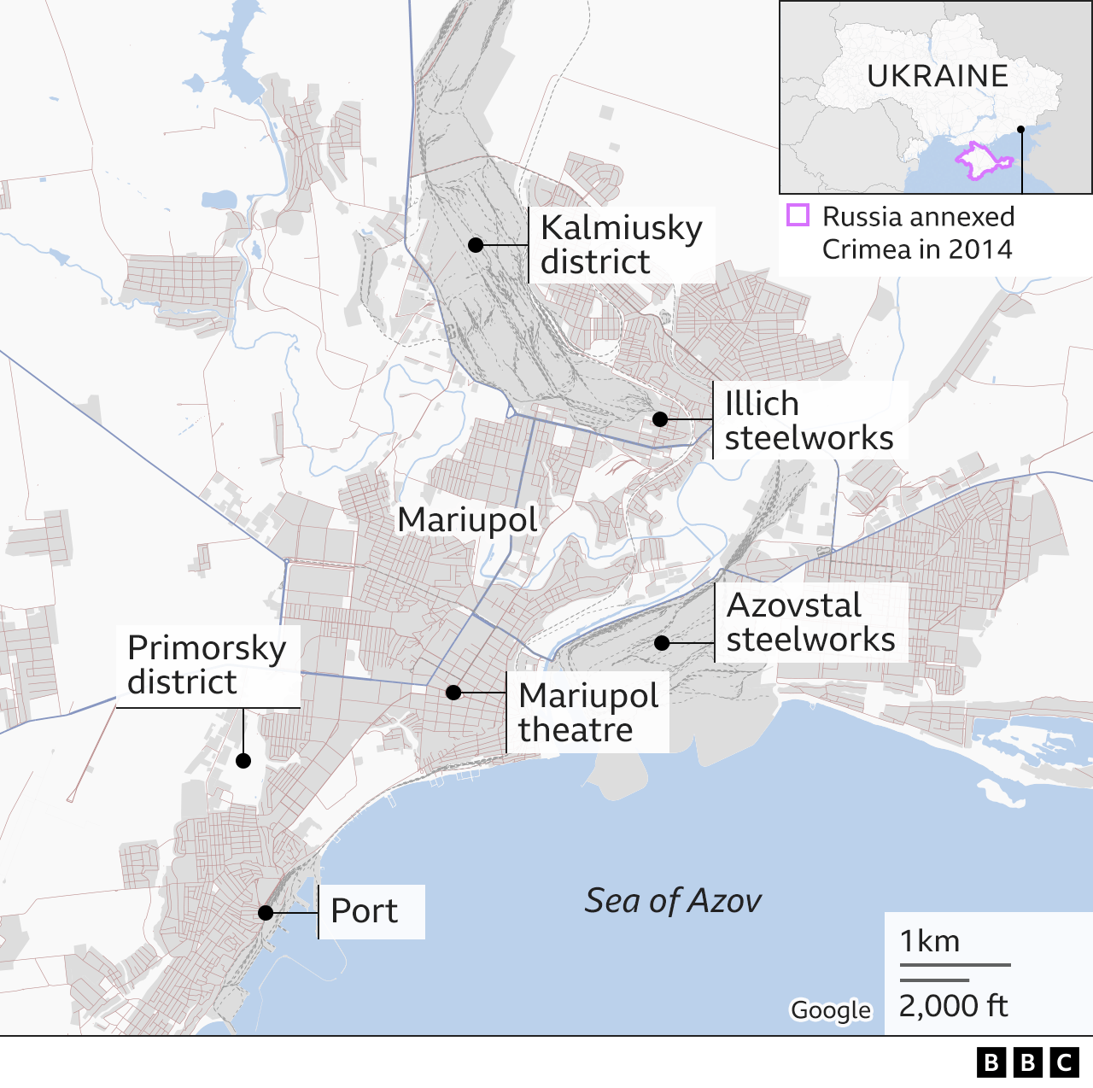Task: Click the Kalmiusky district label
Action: pyautogui.click(x=621, y=245)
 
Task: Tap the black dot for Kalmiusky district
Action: pyautogui.click(x=476, y=245)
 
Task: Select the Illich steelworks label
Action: pyautogui.click(x=808, y=420)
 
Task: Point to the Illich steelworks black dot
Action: pyautogui.click(x=660, y=419)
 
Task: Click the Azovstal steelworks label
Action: pyautogui.click(x=810, y=623)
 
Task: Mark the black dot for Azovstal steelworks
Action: pyautogui.click(x=662, y=643)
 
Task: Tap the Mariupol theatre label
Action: pyautogui.click(x=587, y=712)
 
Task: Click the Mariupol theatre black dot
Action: pyautogui.click(x=454, y=693)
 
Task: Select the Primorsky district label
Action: pyautogui.click(x=206, y=664)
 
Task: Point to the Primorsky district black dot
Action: pyautogui.click(x=243, y=761)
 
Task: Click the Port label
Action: pyautogui.click(x=364, y=911)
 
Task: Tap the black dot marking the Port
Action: pyautogui.click(x=266, y=913)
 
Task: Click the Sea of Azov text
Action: pyautogui.click(x=673, y=901)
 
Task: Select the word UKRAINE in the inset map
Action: pyautogui.click(x=938, y=77)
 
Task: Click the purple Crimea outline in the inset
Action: pyautogui.click(x=981, y=161)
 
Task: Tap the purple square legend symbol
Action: pyautogui.click(x=798, y=215)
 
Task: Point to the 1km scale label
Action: pyautogui.click(x=930, y=941)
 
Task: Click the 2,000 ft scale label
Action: pyautogui.click(x=953, y=1006)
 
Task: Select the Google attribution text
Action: pyautogui.click(x=830, y=1010)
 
